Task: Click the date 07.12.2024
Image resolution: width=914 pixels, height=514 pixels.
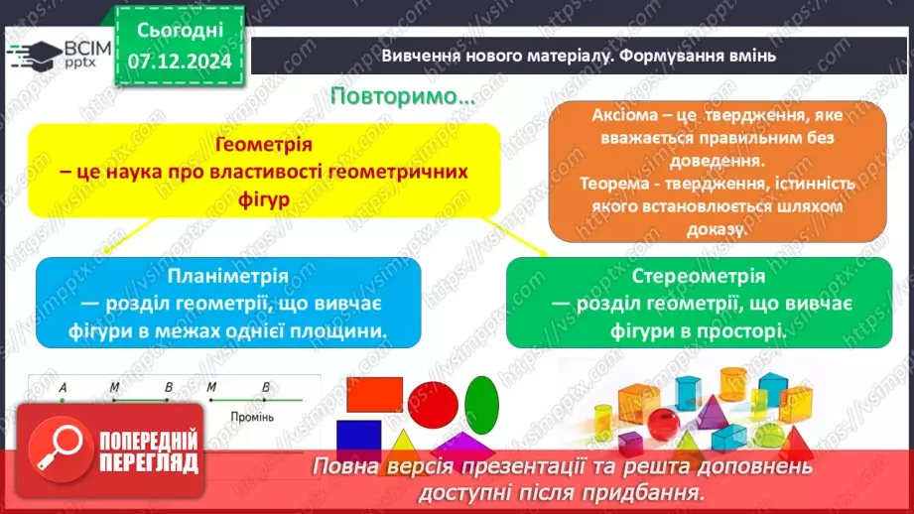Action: coord(179,61)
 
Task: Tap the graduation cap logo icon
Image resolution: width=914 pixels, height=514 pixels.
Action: coord(34,52)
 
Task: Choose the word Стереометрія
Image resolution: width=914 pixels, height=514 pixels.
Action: coord(699,276)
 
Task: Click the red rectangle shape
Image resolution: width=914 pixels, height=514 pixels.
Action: coord(374,396)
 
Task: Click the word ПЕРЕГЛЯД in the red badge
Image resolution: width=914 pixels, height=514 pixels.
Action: coord(150,462)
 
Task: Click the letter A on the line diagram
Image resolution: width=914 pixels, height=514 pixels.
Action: coord(63,387)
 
